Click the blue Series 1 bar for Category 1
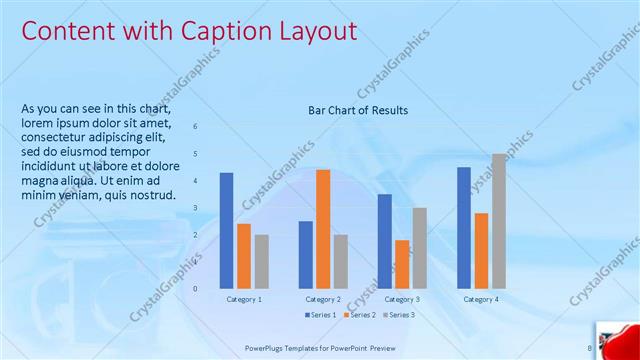pos(226,230)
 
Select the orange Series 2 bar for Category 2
pos(323,228)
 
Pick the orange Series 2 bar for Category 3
pos(402,264)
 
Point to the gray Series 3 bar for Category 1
pos(261,261)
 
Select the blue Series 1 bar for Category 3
pos(384,240)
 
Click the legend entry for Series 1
pos(321,315)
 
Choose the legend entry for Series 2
pos(360,315)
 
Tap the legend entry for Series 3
pos(398,315)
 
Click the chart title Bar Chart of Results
pos(357,110)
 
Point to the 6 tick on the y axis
pos(196,126)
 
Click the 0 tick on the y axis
pos(196,288)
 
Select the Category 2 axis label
pos(323,299)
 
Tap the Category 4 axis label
pos(481,299)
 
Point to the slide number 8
pos(589,348)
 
